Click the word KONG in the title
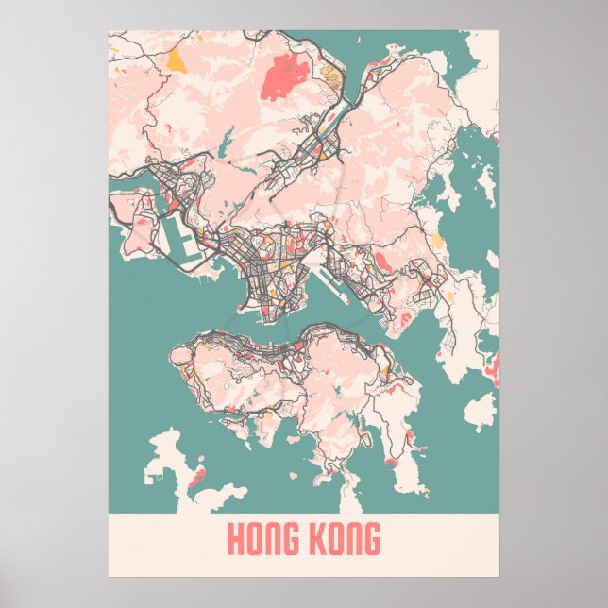pyautogui.click(x=344, y=540)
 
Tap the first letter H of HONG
pyautogui.click(x=234, y=540)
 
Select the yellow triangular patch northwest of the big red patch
pyautogui.click(x=176, y=62)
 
